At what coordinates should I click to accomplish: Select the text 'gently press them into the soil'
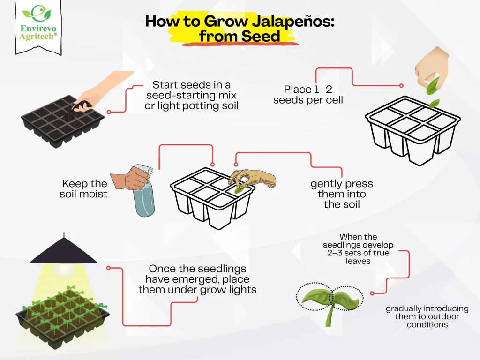(x=342, y=194)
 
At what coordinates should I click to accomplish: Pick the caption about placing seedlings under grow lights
(x=197, y=279)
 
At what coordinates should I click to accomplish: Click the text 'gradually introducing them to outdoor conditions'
(x=427, y=316)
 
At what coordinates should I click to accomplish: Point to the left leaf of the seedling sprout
(x=316, y=296)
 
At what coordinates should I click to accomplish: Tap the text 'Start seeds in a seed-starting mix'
(x=191, y=90)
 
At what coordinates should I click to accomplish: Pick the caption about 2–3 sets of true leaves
(x=358, y=249)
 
